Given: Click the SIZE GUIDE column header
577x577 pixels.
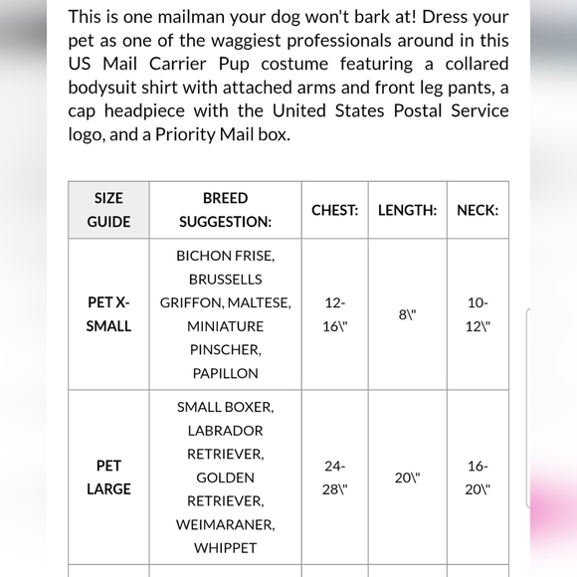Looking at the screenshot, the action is click(x=108, y=210).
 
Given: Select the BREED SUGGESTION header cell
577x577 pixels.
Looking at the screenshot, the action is click(x=225, y=210).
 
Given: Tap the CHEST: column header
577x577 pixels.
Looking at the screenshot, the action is click(x=334, y=210).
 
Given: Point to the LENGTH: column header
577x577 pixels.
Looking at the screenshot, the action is click(x=407, y=210).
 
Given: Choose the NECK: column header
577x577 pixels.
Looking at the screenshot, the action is click(x=478, y=210).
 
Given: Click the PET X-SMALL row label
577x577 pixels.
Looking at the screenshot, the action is click(x=108, y=314).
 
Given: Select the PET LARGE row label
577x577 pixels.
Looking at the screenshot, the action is click(x=108, y=477).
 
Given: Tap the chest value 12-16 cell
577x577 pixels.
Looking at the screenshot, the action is click(x=334, y=314).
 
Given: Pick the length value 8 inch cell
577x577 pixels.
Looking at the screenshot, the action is click(x=407, y=314).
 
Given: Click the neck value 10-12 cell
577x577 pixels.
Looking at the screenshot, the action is click(x=478, y=314).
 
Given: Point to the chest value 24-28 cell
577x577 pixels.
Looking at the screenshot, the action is click(x=334, y=478).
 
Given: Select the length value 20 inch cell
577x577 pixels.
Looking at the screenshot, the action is click(x=407, y=478).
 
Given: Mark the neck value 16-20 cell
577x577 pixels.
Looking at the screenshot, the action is click(x=478, y=478).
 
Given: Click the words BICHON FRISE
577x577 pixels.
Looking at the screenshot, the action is click(x=225, y=256).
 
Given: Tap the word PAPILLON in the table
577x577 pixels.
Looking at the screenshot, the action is click(x=225, y=373).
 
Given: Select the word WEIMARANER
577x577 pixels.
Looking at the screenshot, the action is click(x=225, y=524).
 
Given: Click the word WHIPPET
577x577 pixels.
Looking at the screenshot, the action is click(x=225, y=547).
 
